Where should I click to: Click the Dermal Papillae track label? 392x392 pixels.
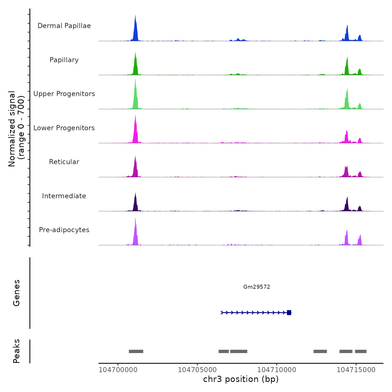coord(64,26)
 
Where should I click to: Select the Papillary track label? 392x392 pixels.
coord(64,60)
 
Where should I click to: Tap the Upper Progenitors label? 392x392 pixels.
coord(64,94)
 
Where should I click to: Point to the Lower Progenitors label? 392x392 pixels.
coord(64,128)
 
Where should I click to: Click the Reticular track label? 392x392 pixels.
coord(64,162)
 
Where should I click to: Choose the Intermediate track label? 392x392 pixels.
coord(64,196)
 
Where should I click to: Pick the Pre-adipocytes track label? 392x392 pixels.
coord(64,230)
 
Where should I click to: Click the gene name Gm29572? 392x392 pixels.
coord(256,287)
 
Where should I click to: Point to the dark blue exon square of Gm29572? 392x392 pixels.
coord(289,312)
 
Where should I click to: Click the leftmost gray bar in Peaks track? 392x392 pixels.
coord(136,351)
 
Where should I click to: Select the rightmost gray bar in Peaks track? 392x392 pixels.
coord(361,351)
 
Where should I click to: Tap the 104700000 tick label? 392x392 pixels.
coord(118,370)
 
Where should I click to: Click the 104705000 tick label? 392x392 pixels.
coord(197,370)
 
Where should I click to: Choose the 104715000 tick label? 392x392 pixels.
coord(356,370)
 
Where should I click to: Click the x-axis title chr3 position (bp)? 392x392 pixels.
coord(241,379)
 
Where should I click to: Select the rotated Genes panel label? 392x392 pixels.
coord(17,293)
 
